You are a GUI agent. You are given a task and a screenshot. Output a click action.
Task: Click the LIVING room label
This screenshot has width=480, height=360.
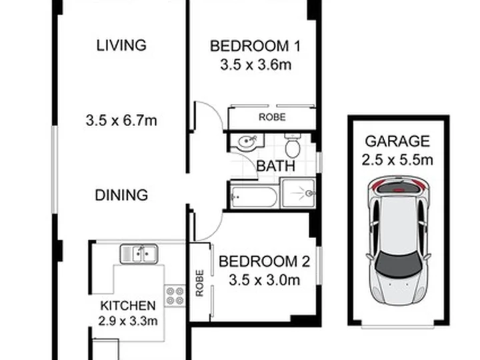[x=121, y=45]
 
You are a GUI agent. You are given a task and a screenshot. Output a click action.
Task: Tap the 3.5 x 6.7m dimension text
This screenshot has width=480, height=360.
[x=121, y=120]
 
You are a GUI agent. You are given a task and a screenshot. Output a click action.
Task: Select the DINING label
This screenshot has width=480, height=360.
[x=121, y=195]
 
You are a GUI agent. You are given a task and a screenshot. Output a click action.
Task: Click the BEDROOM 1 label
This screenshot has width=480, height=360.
[x=255, y=46]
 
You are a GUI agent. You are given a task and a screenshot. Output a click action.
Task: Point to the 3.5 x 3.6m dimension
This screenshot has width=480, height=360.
[x=256, y=65]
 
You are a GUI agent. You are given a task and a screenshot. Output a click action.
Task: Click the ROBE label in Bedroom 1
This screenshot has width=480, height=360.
[x=272, y=117]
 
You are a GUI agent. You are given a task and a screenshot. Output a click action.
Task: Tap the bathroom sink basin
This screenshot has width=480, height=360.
[x=246, y=143]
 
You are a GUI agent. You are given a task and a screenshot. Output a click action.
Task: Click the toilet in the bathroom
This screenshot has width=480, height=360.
[x=293, y=145]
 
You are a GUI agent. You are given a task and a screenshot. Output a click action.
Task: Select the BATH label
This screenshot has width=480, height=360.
[x=276, y=166]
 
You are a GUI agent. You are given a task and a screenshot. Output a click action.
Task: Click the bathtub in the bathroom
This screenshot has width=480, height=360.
[x=254, y=197]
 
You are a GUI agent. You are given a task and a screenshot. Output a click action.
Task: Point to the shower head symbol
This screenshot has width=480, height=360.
[x=309, y=193]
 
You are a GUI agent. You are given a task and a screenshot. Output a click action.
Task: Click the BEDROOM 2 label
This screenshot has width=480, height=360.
[x=265, y=261]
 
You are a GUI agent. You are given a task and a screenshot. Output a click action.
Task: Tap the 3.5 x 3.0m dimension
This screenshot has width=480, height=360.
[x=265, y=280]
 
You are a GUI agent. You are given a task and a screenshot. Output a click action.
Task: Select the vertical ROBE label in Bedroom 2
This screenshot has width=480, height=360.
[x=199, y=283]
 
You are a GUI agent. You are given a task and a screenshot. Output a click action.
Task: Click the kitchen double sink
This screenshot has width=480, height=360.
[x=139, y=254]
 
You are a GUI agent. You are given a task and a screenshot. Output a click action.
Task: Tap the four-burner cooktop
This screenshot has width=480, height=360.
[x=175, y=296]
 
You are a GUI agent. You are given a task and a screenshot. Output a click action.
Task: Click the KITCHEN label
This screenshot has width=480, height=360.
[x=128, y=305]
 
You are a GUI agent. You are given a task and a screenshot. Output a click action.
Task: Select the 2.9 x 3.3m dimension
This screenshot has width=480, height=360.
[x=128, y=321]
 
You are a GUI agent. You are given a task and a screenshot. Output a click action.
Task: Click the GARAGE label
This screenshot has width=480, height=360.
[x=397, y=141]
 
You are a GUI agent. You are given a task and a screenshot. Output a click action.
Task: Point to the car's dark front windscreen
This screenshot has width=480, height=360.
[x=397, y=263]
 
